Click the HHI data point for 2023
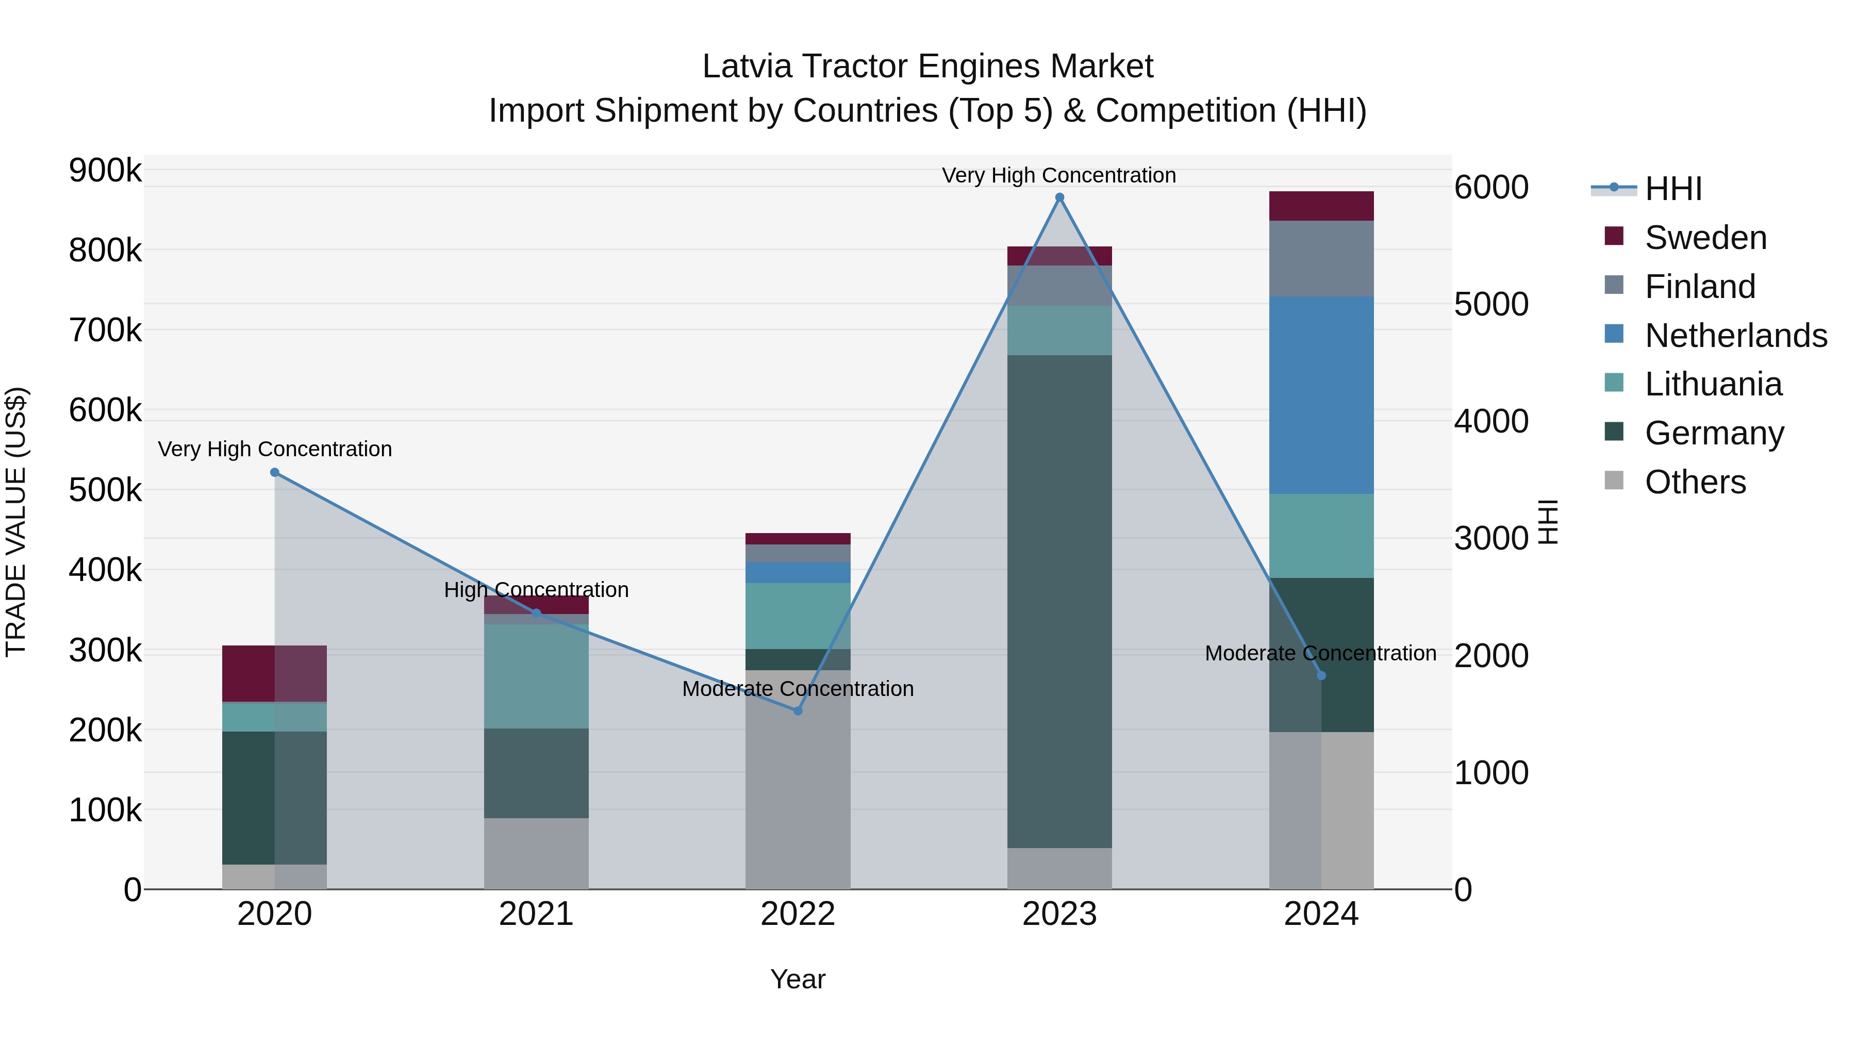(1059, 197)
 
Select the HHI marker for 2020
(274, 473)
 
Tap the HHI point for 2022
(798, 711)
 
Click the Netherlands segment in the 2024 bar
(1321, 395)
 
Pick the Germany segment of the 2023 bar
(1059, 601)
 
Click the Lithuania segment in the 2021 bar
(536, 676)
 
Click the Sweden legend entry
(1705, 238)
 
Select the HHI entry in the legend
(1673, 189)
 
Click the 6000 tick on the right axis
(1490, 187)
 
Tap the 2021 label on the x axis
(536, 914)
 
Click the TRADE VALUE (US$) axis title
(16, 522)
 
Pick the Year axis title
(798, 979)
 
